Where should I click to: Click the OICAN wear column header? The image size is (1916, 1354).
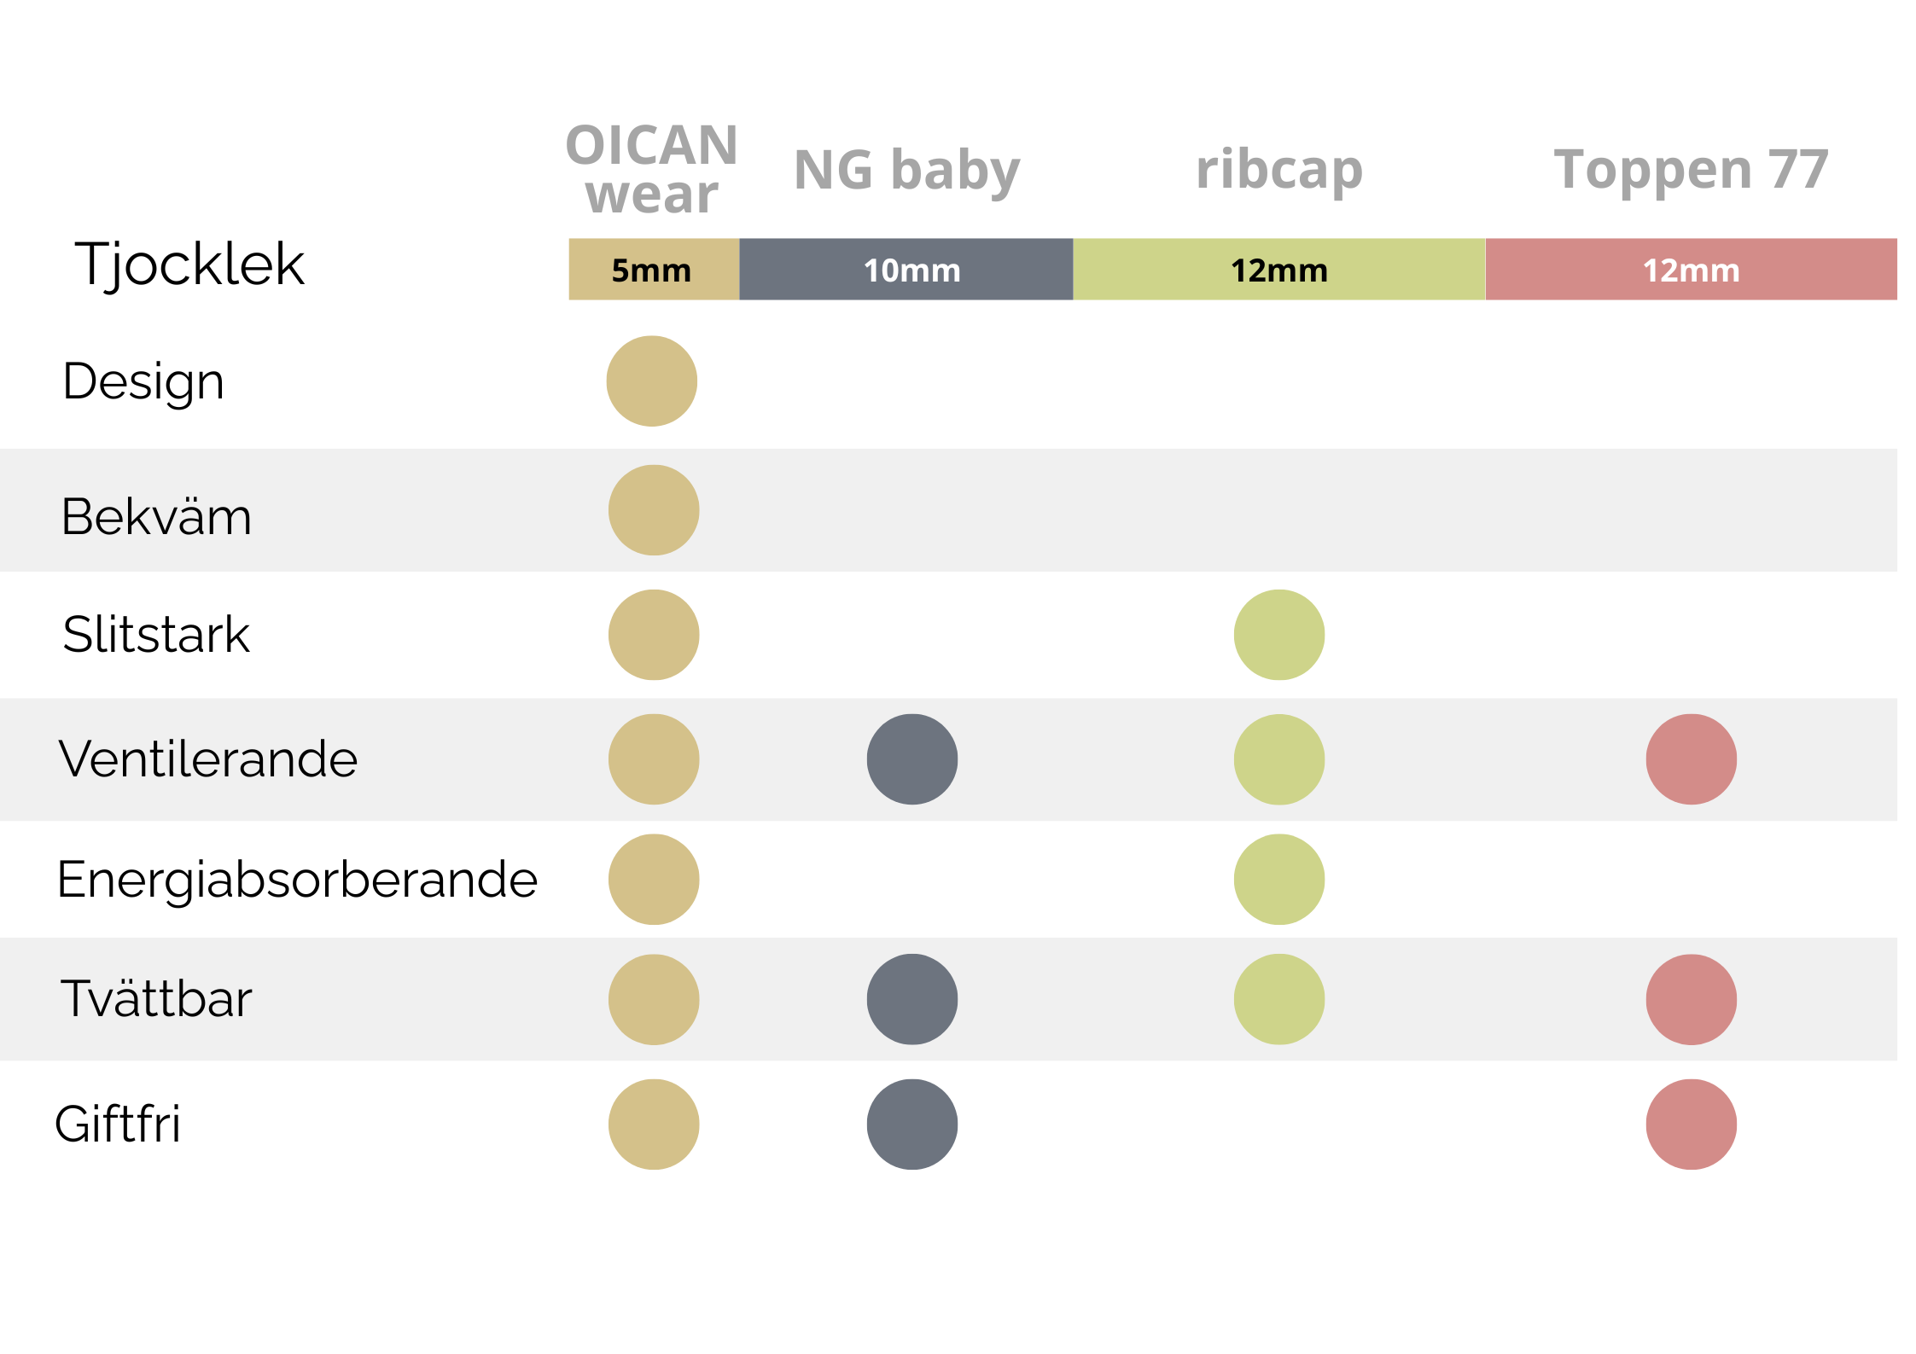point(651,169)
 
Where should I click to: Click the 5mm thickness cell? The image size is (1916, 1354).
point(654,270)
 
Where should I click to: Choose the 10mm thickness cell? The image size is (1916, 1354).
point(906,270)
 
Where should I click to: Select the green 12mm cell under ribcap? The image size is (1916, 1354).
point(1279,270)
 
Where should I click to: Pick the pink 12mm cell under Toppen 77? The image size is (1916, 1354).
point(1692,270)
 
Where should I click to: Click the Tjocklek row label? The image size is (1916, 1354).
point(189,265)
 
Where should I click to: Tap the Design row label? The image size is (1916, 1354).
point(143,381)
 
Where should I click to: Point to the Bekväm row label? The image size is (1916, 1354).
point(156,516)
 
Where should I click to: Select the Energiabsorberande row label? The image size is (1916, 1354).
point(297,880)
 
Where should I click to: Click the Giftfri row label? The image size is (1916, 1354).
point(118,1124)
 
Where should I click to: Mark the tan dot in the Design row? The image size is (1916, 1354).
point(652,381)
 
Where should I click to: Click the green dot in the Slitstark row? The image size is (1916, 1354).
point(1279,635)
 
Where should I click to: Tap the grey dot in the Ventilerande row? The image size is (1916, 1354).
point(912,759)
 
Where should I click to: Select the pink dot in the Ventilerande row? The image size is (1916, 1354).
point(1692,759)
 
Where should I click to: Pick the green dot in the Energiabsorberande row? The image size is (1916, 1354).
point(1279,880)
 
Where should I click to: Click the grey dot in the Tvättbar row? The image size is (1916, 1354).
point(912,999)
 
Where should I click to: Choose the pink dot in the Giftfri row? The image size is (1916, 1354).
point(1692,1124)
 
